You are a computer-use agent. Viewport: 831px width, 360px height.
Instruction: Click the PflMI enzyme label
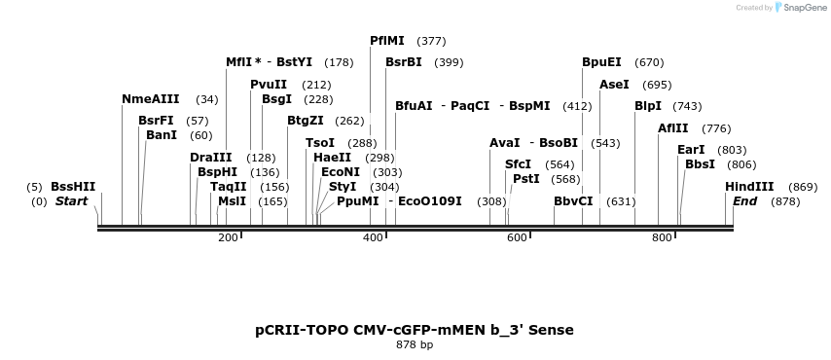point(387,41)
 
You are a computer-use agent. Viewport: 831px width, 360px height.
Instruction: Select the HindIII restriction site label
point(749,187)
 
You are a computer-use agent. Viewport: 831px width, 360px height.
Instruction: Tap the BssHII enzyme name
point(73,187)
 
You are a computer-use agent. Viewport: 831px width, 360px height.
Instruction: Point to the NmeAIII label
point(151,99)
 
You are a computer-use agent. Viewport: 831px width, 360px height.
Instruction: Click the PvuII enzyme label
point(269,85)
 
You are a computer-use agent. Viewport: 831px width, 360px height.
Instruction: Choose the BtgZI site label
point(306,121)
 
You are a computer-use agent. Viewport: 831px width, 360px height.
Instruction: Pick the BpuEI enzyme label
point(601,62)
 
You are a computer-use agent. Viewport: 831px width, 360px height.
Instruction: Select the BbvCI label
point(573,201)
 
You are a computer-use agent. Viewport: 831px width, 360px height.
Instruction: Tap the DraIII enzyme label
point(211,158)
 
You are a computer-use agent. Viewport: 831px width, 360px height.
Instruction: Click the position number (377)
point(431,41)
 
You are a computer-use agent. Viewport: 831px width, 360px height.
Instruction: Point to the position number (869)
point(803,187)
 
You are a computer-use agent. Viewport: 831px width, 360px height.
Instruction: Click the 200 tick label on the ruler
point(228,237)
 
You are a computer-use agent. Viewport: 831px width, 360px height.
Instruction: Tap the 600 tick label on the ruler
point(517,237)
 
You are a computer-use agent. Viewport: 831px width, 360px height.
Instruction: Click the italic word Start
point(71,201)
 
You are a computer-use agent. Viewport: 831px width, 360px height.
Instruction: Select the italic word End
point(745,201)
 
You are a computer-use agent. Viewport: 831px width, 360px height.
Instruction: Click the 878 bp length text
point(415,344)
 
